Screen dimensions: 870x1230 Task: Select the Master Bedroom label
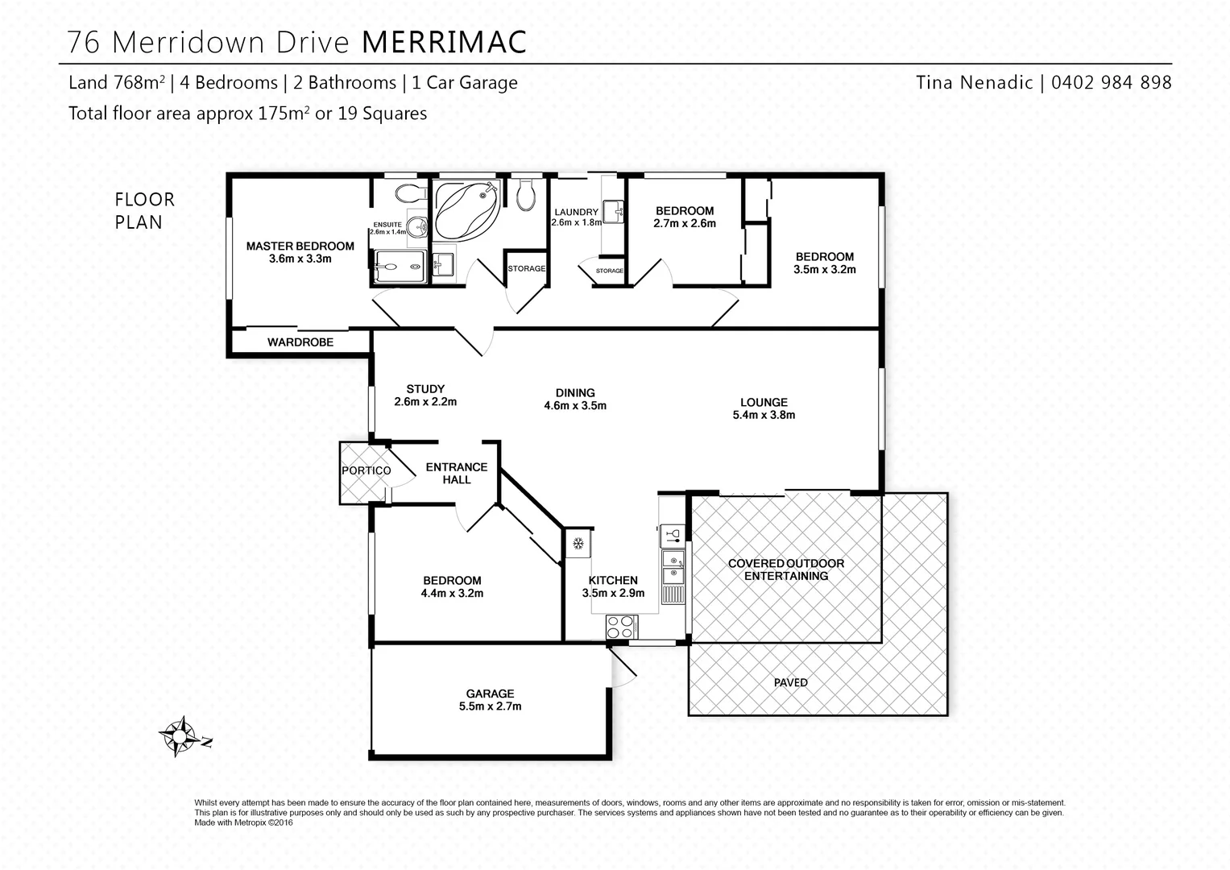(x=300, y=252)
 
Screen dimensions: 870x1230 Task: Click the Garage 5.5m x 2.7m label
(x=490, y=700)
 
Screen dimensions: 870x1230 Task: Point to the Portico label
(x=366, y=470)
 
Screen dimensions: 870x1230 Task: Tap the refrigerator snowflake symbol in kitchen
(x=578, y=545)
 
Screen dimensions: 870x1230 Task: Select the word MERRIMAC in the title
(x=444, y=42)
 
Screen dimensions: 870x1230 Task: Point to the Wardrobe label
(x=300, y=342)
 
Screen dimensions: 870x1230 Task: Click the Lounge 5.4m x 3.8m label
(x=764, y=408)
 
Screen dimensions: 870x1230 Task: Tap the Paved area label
(x=790, y=682)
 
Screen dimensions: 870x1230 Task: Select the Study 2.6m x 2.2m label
(x=425, y=396)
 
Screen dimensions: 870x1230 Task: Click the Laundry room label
(x=576, y=217)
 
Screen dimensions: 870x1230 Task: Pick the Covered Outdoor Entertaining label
(x=785, y=570)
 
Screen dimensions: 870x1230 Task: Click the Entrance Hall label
(x=457, y=473)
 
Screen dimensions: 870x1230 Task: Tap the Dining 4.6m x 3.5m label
(x=575, y=400)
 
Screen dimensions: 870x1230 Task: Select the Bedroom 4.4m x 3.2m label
(x=452, y=587)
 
